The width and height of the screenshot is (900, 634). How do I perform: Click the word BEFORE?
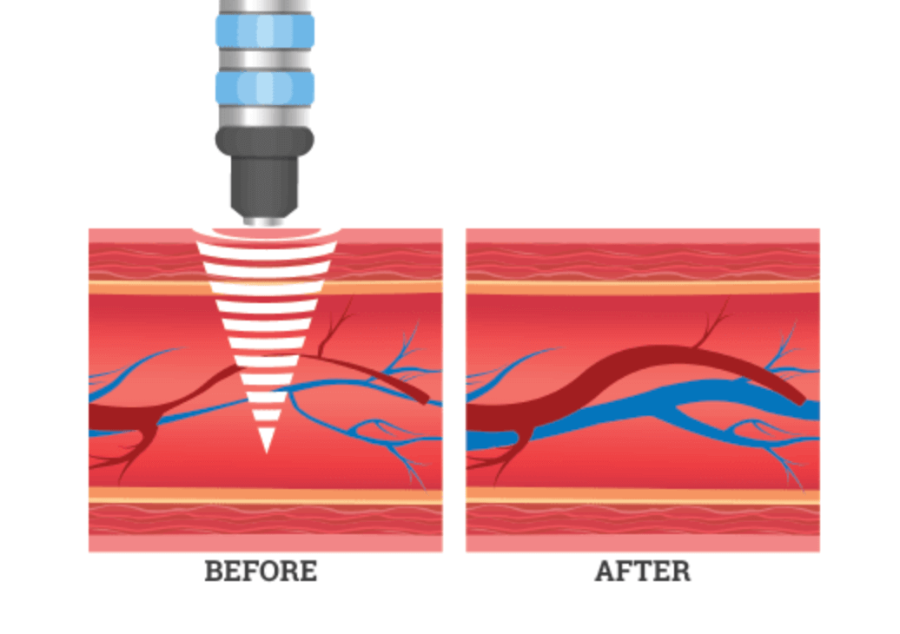click(261, 571)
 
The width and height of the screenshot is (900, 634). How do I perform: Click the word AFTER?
click(643, 571)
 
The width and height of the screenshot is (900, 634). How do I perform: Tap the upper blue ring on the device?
click(265, 31)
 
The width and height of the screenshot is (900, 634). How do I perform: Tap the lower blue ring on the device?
click(265, 88)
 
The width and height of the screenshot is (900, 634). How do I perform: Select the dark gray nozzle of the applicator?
click(265, 171)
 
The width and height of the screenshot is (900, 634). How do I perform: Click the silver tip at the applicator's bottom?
click(265, 221)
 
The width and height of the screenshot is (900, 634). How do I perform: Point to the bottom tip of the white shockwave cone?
click(266, 453)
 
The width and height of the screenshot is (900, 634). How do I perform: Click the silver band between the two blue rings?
click(265, 59)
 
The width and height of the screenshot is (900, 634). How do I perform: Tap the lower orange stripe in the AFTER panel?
click(643, 495)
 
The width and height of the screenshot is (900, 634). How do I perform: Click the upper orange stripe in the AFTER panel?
click(643, 287)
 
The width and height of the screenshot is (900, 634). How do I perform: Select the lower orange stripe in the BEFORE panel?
click(265, 495)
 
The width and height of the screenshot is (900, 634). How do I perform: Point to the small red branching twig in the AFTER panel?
click(712, 327)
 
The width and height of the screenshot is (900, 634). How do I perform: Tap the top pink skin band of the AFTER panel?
click(643, 235)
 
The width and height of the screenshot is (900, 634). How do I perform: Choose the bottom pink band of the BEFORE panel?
click(265, 544)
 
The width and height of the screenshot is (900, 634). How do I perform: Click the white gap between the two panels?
click(454, 390)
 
